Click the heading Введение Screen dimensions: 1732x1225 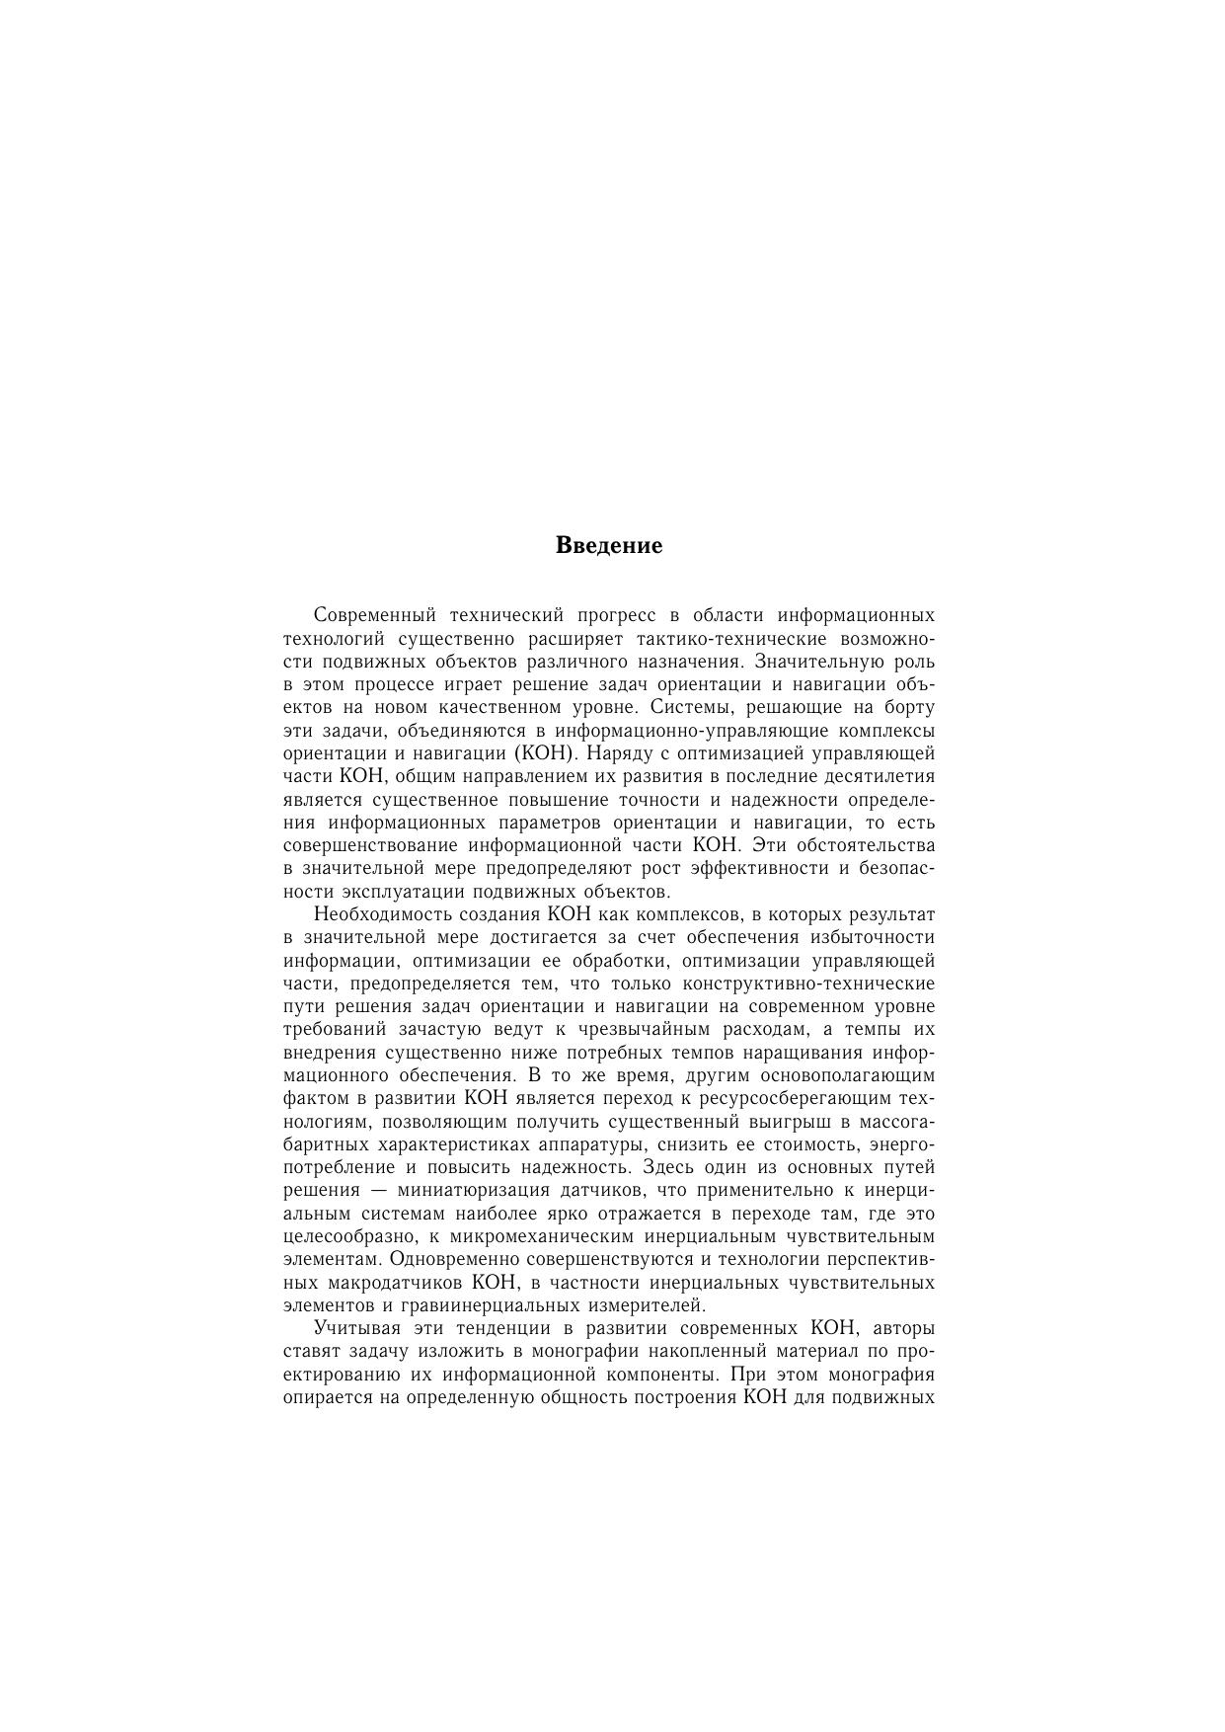click(x=609, y=545)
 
